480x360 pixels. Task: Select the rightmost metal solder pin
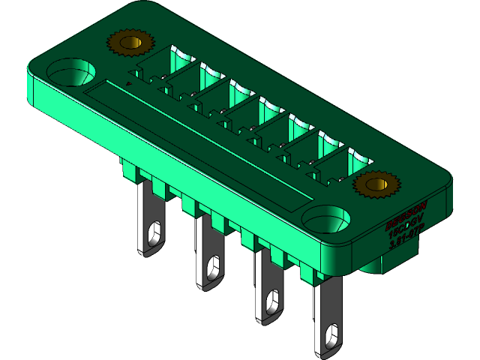[328, 315]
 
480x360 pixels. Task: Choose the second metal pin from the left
[207, 251]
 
